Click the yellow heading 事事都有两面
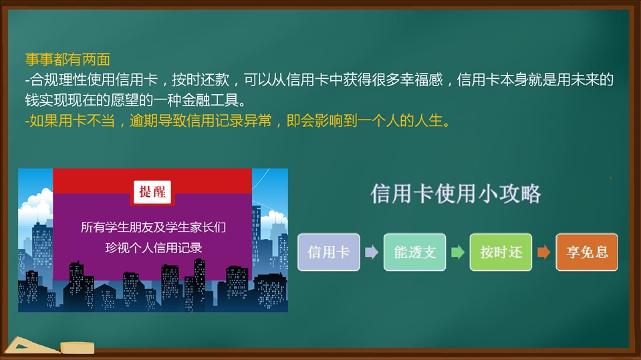point(68,59)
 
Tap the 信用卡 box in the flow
point(329,252)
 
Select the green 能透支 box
point(415,252)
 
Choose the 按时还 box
point(501,252)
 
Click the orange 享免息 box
point(587,252)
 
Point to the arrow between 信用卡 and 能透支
point(372,252)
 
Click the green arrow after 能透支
point(458,252)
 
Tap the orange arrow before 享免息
point(543,252)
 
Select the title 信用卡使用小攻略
point(456,193)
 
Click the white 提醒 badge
point(152,192)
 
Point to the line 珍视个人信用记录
point(153,248)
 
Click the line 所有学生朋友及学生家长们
point(153,227)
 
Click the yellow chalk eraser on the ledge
point(78,348)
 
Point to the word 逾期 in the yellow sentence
point(144,120)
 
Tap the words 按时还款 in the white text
point(201,79)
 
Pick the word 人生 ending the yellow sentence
point(428,120)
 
